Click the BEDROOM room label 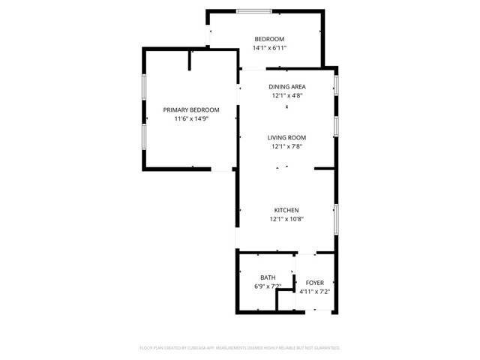269,39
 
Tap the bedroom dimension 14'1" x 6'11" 269,48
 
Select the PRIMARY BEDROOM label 191,109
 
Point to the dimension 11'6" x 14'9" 191,118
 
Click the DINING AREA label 288,86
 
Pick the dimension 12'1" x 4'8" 288,95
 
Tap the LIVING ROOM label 288,137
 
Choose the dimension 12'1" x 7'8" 288,146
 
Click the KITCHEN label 286,210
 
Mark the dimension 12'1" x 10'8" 286,219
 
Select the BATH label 268,277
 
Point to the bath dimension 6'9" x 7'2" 267,286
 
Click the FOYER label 315,282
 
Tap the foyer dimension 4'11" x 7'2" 315,291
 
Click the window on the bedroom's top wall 254,10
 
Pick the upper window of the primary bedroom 144,89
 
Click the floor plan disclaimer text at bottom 240,348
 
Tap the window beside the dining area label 336,83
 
